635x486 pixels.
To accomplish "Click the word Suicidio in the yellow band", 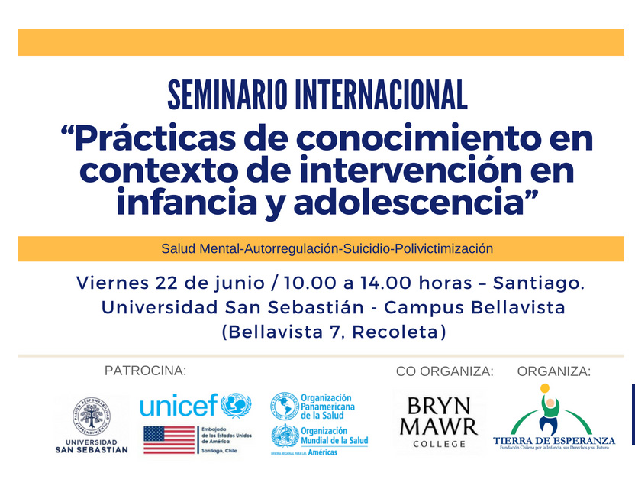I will pyautogui.click(x=370, y=249).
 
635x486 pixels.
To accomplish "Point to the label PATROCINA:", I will pyautogui.click(x=145, y=371).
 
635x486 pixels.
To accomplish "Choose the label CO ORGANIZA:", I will pyautogui.click(x=444, y=371).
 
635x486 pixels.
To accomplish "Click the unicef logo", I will pyautogui.click(x=195, y=405).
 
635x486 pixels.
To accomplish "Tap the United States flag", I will pyautogui.click(x=169, y=439).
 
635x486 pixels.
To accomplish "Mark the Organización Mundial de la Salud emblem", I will pyautogui.click(x=284, y=438).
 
